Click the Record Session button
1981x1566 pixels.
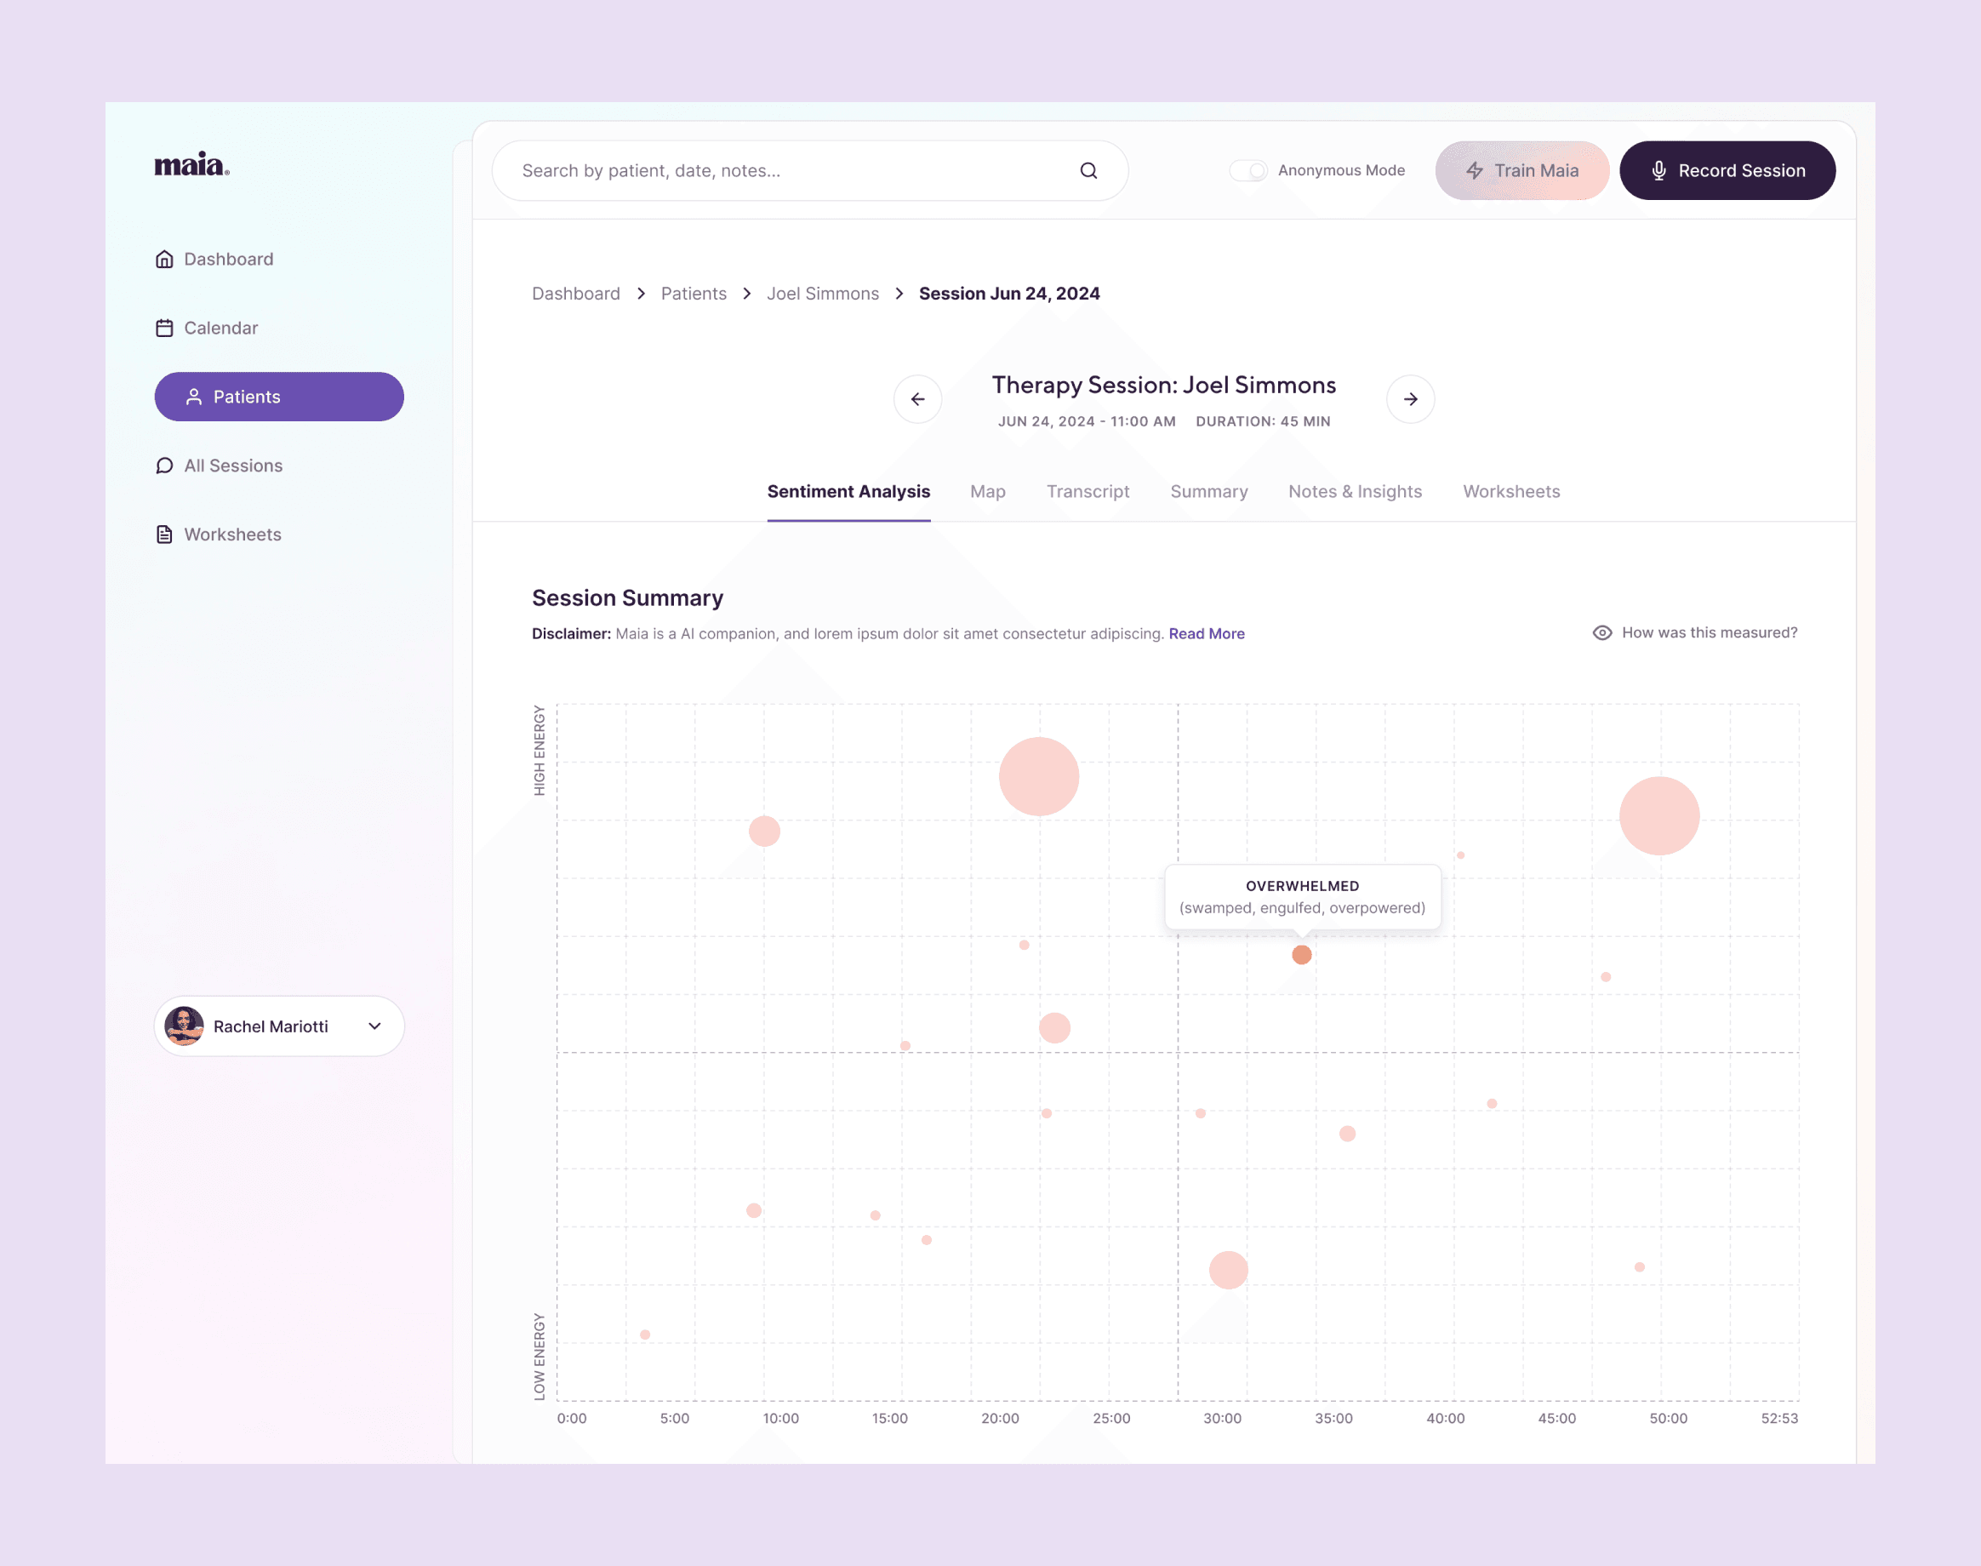pos(1727,170)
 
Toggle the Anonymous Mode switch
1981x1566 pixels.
pos(1247,170)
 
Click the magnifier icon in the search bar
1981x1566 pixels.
pos(1088,170)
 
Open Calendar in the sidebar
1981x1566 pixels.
pos(220,329)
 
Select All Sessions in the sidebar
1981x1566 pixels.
pos(232,466)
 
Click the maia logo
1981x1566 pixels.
pos(191,165)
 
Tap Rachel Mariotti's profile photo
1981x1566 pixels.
pos(185,1026)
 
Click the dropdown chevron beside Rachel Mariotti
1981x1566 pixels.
pos(375,1026)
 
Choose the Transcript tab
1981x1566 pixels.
pos(1088,491)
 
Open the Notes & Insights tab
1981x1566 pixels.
pos(1355,491)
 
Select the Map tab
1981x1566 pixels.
pos(987,491)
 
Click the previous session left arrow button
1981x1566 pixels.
pos(917,399)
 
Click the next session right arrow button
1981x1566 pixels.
pos(1410,399)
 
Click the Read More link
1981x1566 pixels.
pos(1207,633)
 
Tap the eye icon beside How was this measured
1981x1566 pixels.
pos(1601,632)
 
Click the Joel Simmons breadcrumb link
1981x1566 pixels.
pos(822,294)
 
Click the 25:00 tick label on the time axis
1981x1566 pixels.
pos(1111,1419)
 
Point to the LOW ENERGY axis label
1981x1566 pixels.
pos(539,1356)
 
